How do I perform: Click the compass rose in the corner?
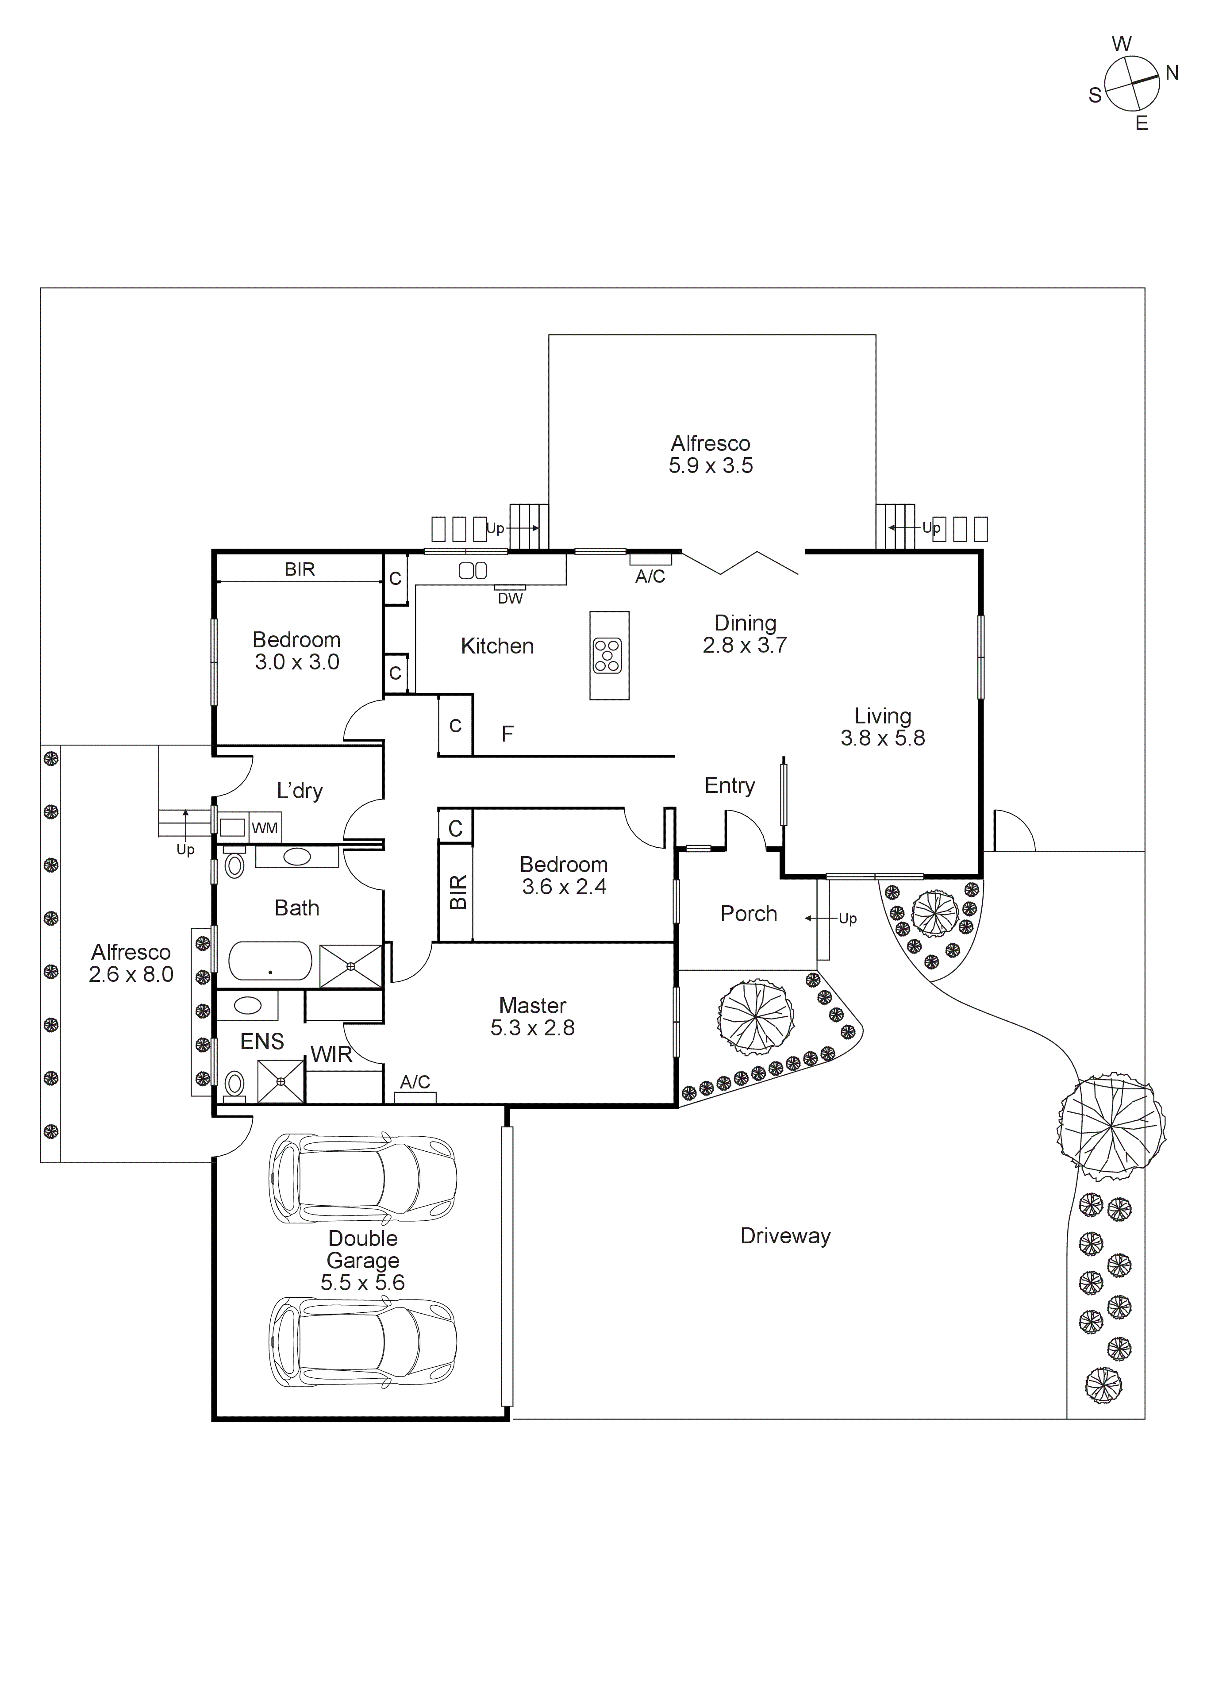[1131, 84]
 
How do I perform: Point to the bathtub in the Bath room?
[270, 962]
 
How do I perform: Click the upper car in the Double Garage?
[363, 1179]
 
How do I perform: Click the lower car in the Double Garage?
[363, 1343]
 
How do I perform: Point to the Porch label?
[749, 914]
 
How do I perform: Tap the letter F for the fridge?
[507, 734]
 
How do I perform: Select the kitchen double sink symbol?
[473, 570]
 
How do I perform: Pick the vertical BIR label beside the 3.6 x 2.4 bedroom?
[458, 892]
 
